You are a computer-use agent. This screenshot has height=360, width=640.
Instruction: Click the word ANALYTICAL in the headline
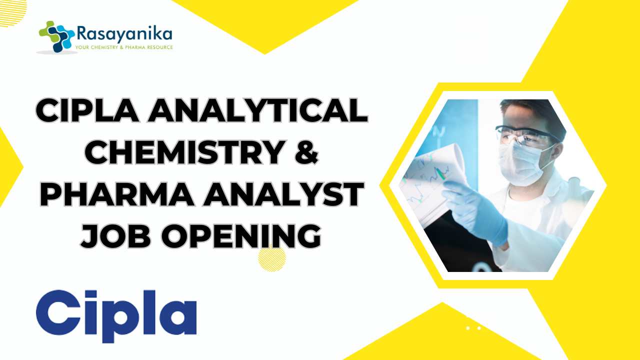257,110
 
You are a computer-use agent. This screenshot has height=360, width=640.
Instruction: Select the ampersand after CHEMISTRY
306,152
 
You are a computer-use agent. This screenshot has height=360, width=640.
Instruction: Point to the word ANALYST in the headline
283,194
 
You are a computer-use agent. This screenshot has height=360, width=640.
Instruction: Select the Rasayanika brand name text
124,33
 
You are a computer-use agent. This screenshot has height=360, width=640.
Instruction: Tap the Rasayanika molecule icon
56,36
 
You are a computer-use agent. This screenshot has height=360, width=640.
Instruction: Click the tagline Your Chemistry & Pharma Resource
124,47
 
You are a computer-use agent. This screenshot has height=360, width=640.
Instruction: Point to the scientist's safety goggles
527,135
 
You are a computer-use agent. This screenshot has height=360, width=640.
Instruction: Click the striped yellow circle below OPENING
271,258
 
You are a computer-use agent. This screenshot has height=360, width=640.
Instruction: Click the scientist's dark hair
535,114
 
